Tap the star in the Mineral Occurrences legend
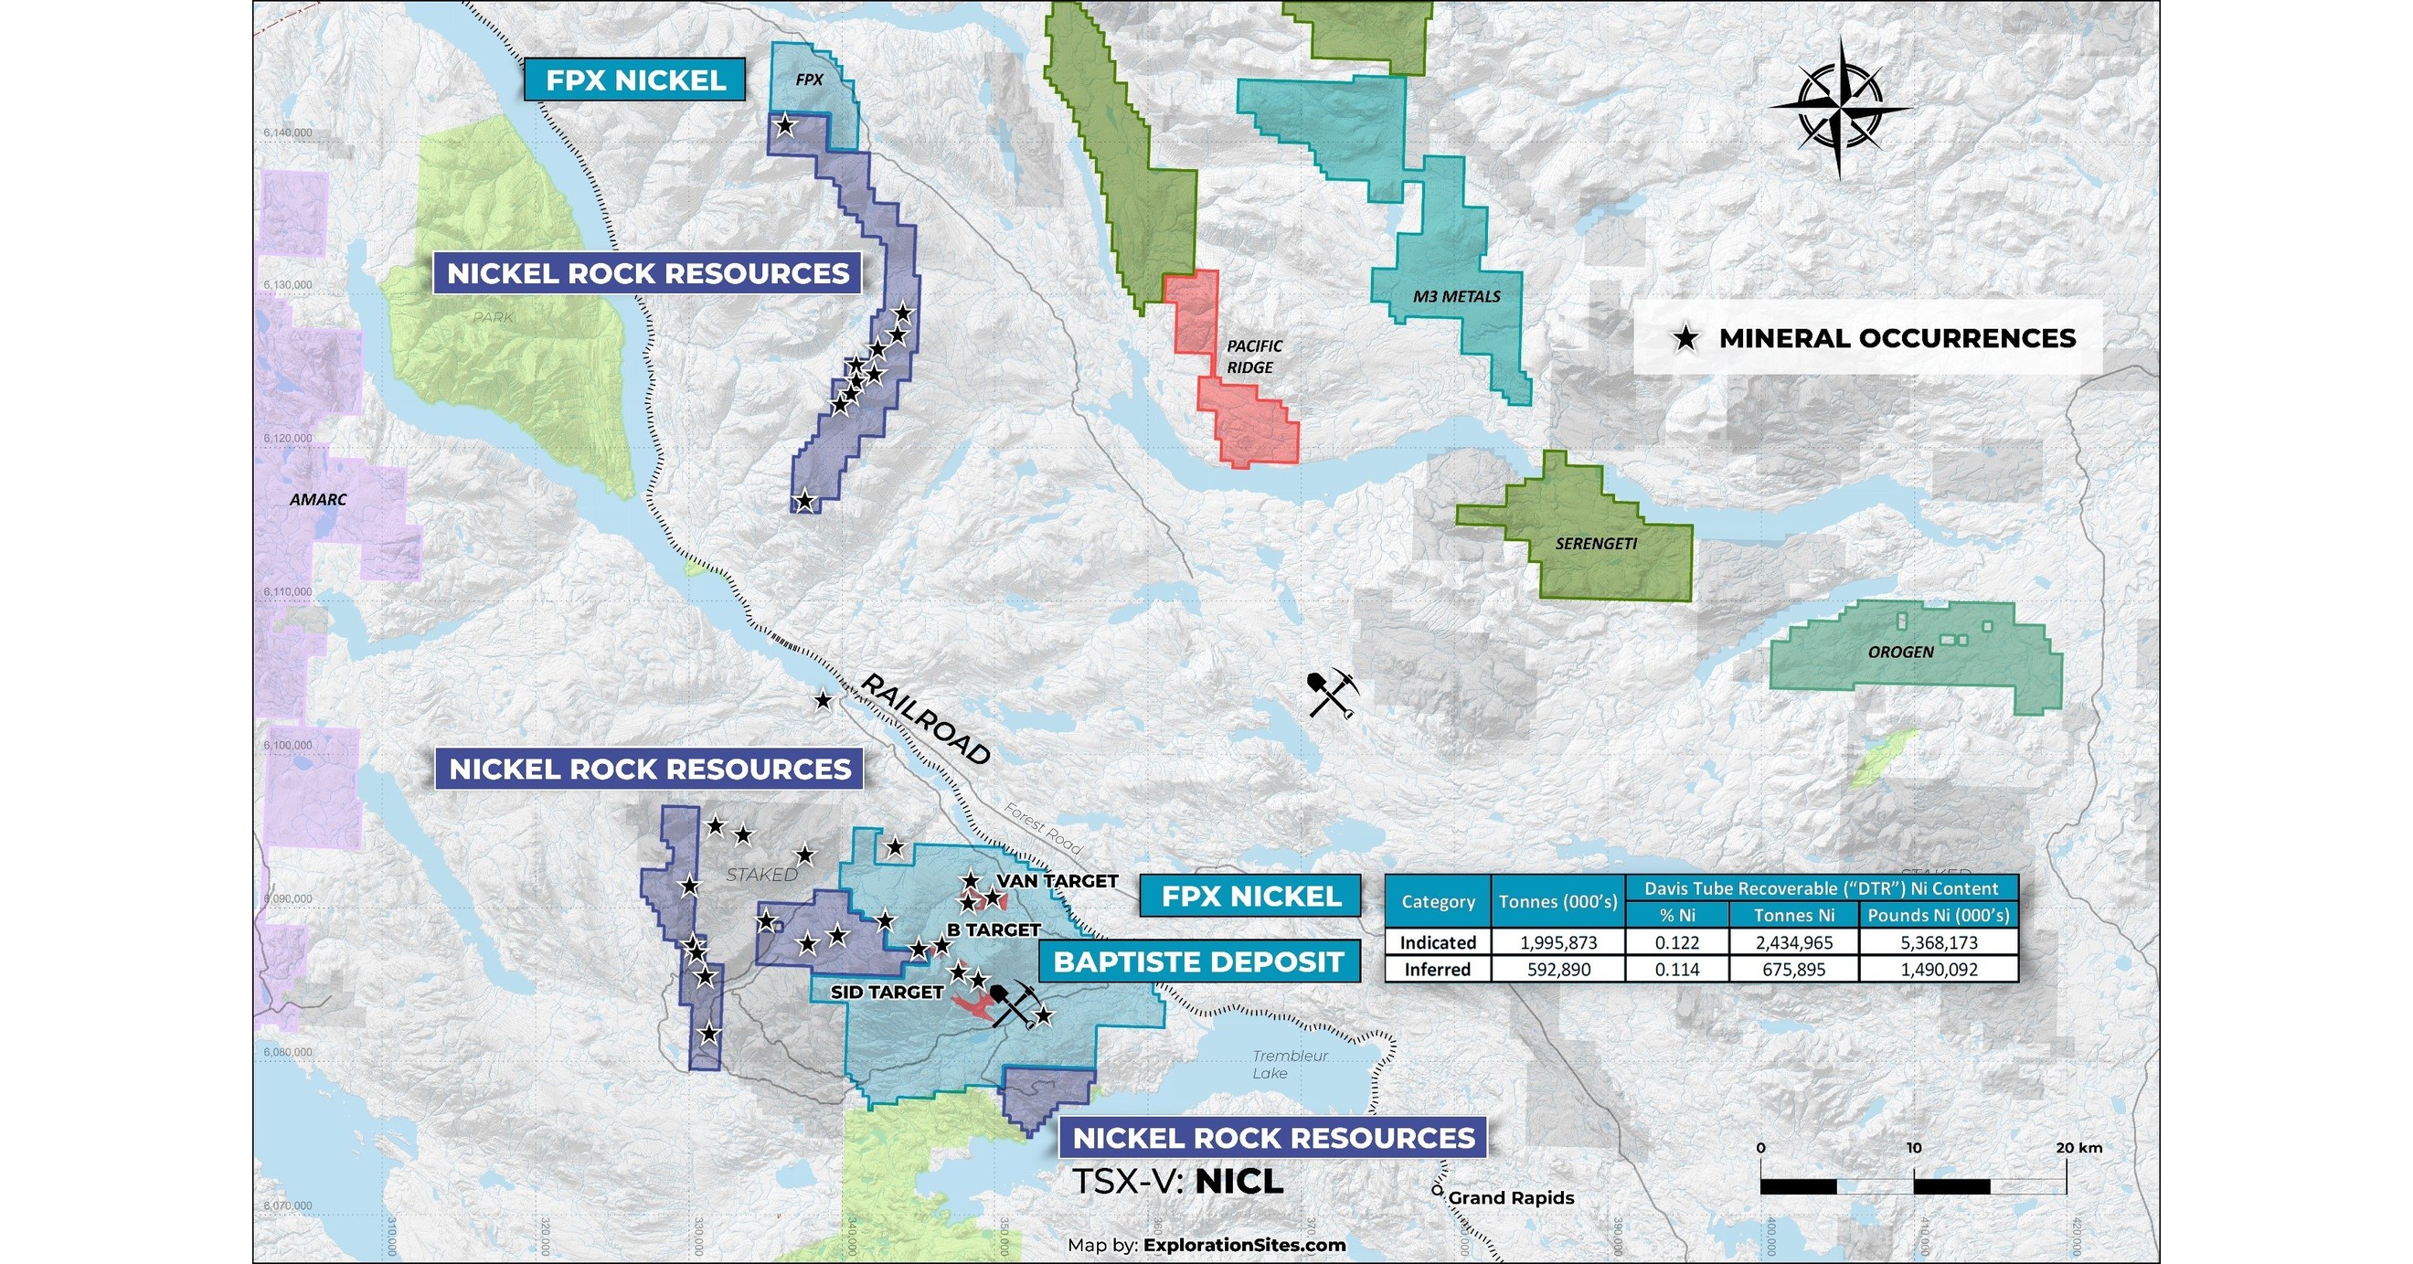pyautogui.click(x=1686, y=338)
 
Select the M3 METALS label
pyautogui.click(x=1457, y=296)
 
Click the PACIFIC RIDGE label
pyautogui.click(x=1253, y=356)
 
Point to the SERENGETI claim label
pyautogui.click(x=1596, y=544)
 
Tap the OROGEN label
pyautogui.click(x=1900, y=652)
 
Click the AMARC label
pyautogui.click(x=317, y=499)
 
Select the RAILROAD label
pyautogui.click(x=926, y=719)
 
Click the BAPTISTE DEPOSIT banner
pyautogui.click(x=1198, y=961)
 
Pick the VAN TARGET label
pyautogui.click(x=1057, y=881)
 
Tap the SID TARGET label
pyautogui.click(x=887, y=992)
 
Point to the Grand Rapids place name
pyautogui.click(x=1510, y=1197)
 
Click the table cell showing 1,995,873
pyautogui.click(x=1557, y=941)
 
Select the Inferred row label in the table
pyautogui.click(x=1438, y=969)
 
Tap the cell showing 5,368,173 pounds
pyautogui.click(x=1938, y=941)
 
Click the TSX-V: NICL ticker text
pyautogui.click(x=1176, y=1182)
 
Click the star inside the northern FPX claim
pyautogui.click(x=785, y=124)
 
